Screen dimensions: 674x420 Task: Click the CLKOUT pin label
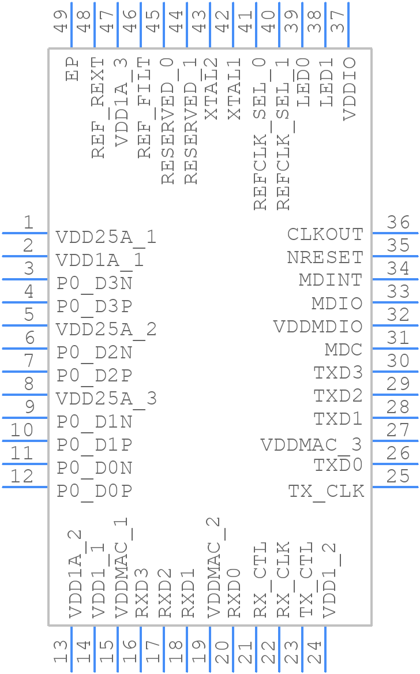pos(325,234)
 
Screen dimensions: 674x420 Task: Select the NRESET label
pos(325,257)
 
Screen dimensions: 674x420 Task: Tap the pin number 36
pos(398,223)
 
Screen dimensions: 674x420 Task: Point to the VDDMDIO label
pos(318,327)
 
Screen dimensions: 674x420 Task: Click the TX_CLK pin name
pos(326,491)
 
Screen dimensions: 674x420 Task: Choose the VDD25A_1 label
pos(106,237)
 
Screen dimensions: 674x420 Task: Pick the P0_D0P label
pos(95,491)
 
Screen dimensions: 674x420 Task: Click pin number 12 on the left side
pos(22,477)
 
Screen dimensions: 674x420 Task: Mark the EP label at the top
pos(72,69)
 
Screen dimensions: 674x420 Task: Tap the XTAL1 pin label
pos(234,89)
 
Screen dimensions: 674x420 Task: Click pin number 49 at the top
pos(61,21)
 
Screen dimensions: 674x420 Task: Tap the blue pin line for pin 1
pos(25,233)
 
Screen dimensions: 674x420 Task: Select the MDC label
pos(343,350)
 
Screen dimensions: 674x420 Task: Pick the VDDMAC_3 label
pos(311,445)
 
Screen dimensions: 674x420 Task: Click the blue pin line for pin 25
pos(395,487)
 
